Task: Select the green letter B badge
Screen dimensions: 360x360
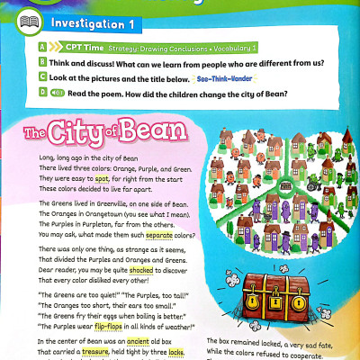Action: [43, 62]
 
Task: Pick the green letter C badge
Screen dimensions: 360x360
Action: [43, 78]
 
